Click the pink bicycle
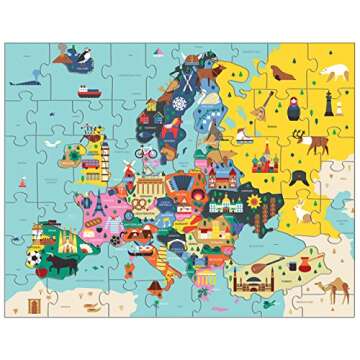pyautogui.click(x=147, y=155)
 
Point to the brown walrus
pyautogui.click(x=277, y=73)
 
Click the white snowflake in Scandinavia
pyautogui.click(x=180, y=103)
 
